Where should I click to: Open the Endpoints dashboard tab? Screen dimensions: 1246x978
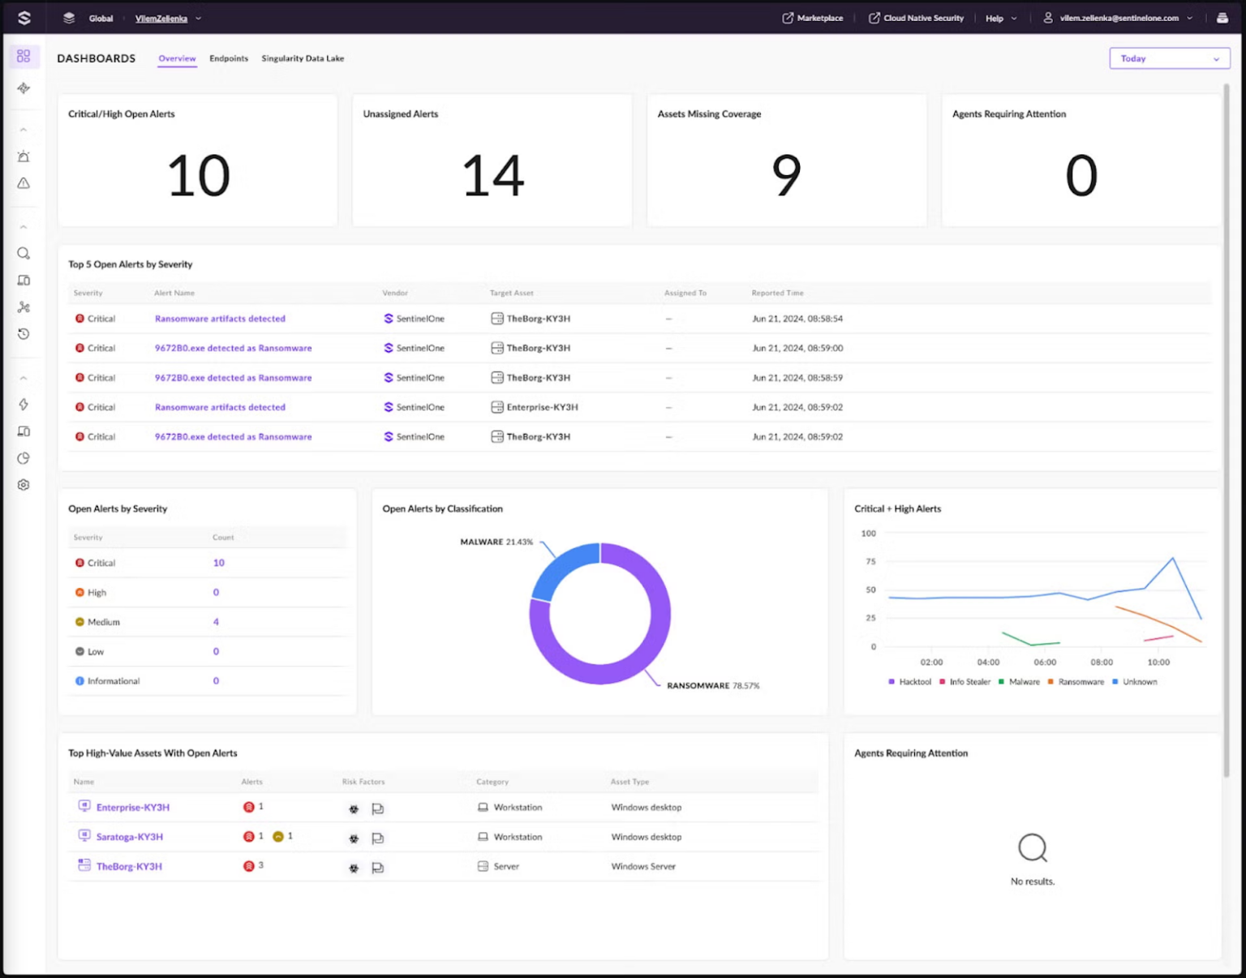coord(229,58)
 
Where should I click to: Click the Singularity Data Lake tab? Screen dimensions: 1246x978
coord(303,58)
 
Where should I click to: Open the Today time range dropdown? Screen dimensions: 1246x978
coord(1169,58)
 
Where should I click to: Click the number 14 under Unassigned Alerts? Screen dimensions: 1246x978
coord(492,175)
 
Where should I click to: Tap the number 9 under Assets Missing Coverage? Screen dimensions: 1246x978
coord(786,175)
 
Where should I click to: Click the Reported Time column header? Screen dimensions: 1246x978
coord(777,293)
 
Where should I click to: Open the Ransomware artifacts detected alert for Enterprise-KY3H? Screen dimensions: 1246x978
coord(220,407)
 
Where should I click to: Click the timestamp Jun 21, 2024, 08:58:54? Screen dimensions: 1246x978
coord(797,319)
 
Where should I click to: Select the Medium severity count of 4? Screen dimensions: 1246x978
coord(216,622)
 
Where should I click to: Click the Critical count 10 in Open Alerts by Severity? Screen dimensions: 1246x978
coord(218,563)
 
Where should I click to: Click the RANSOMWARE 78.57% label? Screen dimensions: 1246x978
coord(713,686)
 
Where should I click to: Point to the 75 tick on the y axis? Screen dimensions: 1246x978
coord(870,561)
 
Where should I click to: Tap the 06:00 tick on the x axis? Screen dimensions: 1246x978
coord(1045,663)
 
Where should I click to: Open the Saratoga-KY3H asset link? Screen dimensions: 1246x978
coord(130,837)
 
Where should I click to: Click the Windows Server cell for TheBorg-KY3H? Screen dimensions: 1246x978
coord(643,866)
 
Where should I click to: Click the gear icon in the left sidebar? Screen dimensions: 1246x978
coord(24,485)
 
